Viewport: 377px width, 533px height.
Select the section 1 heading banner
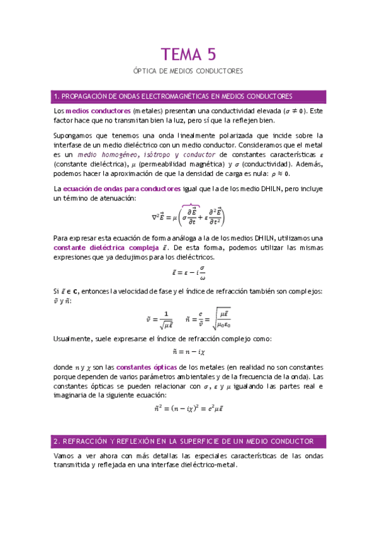click(188, 96)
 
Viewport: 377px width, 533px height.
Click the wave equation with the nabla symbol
click(188, 217)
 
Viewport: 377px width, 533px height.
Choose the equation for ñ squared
click(188, 409)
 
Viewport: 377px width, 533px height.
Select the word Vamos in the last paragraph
click(64, 456)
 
